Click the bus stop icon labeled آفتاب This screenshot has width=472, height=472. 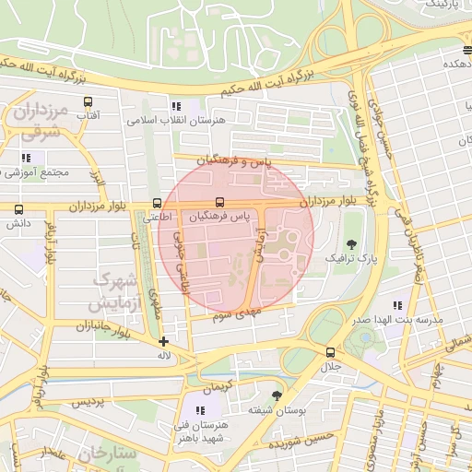click(88, 102)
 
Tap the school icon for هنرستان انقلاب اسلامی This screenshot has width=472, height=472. click(176, 106)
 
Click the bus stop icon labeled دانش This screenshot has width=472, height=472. click(18, 209)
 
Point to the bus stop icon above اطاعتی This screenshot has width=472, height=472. click(156, 203)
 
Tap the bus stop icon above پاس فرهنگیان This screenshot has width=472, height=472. click(218, 203)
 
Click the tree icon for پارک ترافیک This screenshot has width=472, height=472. click(350, 242)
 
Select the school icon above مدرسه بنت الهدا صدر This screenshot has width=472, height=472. click(397, 304)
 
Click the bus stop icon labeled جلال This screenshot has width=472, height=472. click(330, 352)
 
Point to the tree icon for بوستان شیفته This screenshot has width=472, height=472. click(277, 394)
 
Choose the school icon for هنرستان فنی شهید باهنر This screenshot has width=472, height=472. click(200, 410)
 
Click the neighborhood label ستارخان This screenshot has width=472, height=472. click(107, 454)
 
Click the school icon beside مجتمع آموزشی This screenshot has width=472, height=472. click(24, 159)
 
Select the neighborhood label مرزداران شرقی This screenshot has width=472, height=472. click(41, 120)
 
